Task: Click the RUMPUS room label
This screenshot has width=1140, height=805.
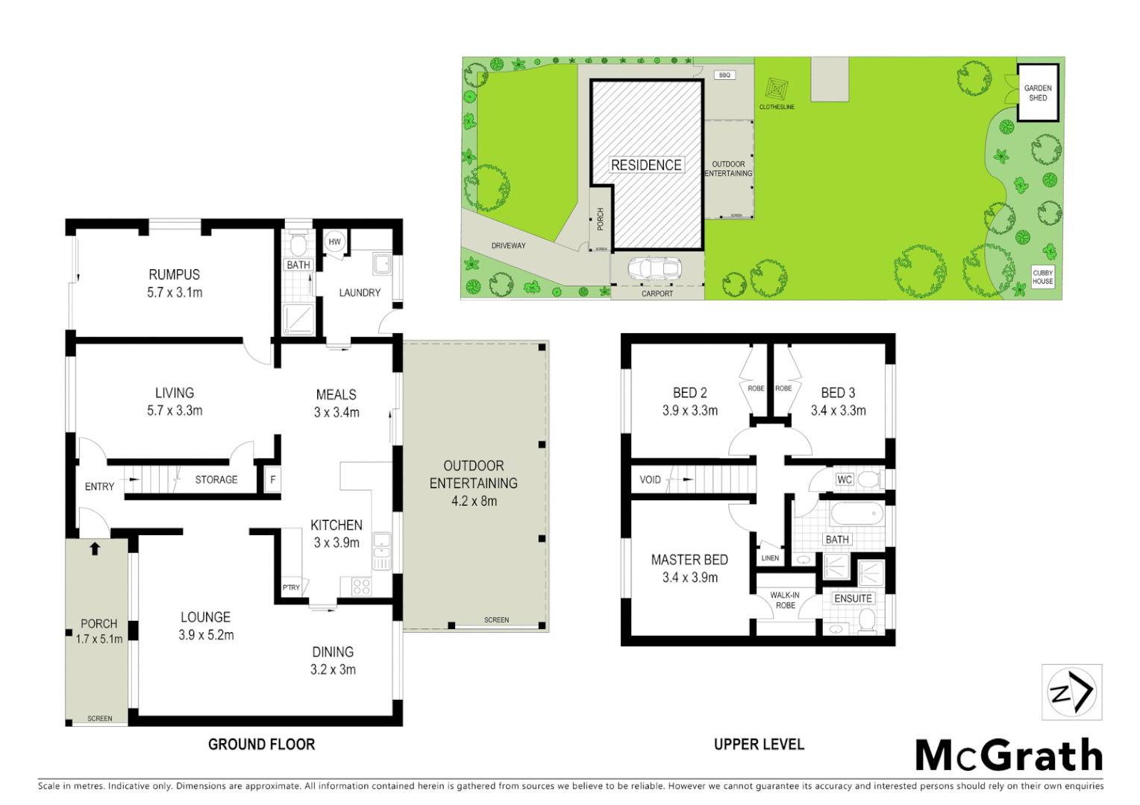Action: click(x=174, y=275)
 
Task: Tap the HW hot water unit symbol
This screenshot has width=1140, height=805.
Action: click(x=334, y=241)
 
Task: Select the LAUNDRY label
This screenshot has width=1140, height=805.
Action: click(x=360, y=293)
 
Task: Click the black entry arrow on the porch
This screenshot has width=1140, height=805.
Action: click(x=95, y=549)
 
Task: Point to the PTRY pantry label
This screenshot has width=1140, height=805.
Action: click(x=291, y=587)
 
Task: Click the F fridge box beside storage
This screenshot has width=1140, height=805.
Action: click(x=272, y=479)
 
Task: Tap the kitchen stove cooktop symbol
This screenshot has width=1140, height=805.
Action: click(x=361, y=587)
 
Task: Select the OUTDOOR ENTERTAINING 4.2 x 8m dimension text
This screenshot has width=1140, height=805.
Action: click(x=474, y=501)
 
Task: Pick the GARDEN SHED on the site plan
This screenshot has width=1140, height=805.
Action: click(x=1038, y=93)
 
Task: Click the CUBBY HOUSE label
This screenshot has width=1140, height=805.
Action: click(x=1042, y=277)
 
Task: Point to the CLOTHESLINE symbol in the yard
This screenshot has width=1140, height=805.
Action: click(x=776, y=90)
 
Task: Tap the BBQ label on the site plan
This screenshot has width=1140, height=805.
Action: click(x=724, y=75)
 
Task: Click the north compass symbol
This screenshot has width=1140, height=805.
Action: click(x=1071, y=692)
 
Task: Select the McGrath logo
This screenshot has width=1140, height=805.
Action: click(x=1009, y=756)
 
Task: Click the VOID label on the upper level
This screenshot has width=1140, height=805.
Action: click(x=650, y=479)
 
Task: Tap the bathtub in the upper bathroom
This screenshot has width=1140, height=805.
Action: click(x=856, y=514)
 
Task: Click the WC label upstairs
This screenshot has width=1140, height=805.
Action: click(x=844, y=479)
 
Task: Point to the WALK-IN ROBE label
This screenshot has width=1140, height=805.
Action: click(x=785, y=600)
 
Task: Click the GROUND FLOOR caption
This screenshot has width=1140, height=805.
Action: click(x=261, y=744)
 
